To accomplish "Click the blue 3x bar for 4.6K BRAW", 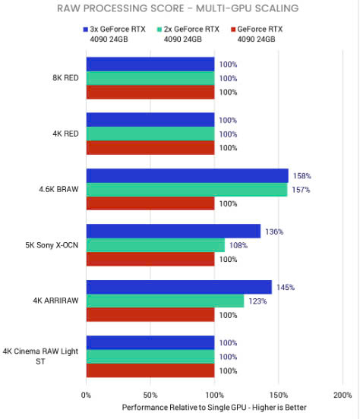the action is click(x=188, y=176).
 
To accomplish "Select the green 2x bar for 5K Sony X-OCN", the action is click(x=156, y=245).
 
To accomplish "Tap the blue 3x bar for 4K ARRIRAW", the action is click(x=179, y=287).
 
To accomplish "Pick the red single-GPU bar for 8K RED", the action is click(x=150, y=92).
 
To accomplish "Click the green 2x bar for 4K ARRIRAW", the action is click(x=165, y=301).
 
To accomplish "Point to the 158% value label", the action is click(x=302, y=176).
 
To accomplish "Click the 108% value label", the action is click(x=238, y=245).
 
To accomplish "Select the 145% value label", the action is click(x=286, y=287).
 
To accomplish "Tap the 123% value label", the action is click(x=257, y=301).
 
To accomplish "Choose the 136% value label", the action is click(x=274, y=232).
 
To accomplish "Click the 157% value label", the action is click(x=301, y=190).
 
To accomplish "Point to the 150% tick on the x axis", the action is click(x=279, y=395).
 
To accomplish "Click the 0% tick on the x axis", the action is click(x=86, y=395).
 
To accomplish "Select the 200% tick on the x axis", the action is click(x=343, y=395).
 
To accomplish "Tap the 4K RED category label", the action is click(x=65, y=134).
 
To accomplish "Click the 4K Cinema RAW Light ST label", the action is click(x=40, y=356).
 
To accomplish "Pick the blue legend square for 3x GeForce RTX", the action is click(x=86, y=30).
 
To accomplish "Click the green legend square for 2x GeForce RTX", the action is click(x=159, y=30).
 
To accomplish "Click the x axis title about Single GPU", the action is click(x=214, y=408).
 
